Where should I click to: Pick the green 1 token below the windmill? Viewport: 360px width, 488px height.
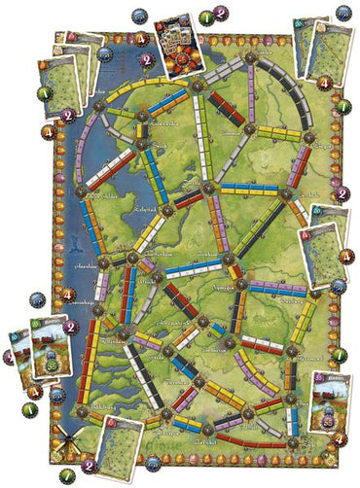click(66, 475)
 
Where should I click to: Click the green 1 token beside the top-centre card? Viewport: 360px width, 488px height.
click(208, 17)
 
